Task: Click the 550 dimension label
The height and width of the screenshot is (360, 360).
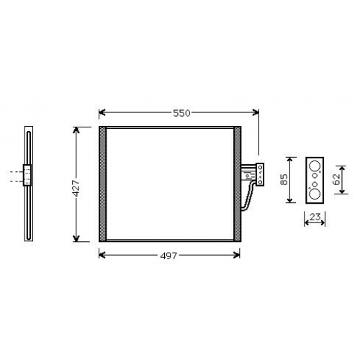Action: click(x=181, y=113)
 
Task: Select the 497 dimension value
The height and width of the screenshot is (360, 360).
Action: click(x=168, y=256)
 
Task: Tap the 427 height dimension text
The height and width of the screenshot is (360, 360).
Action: click(x=76, y=189)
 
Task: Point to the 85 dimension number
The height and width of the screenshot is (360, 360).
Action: click(x=284, y=179)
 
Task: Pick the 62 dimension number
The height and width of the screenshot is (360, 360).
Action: click(x=336, y=179)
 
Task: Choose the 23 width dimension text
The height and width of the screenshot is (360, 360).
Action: click(x=315, y=217)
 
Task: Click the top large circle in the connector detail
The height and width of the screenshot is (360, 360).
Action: click(x=315, y=166)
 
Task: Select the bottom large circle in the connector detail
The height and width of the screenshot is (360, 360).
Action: click(x=315, y=194)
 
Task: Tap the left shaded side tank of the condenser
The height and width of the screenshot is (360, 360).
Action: click(x=103, y=184)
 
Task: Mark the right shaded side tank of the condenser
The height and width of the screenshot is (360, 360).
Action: click(x=238, y=184)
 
